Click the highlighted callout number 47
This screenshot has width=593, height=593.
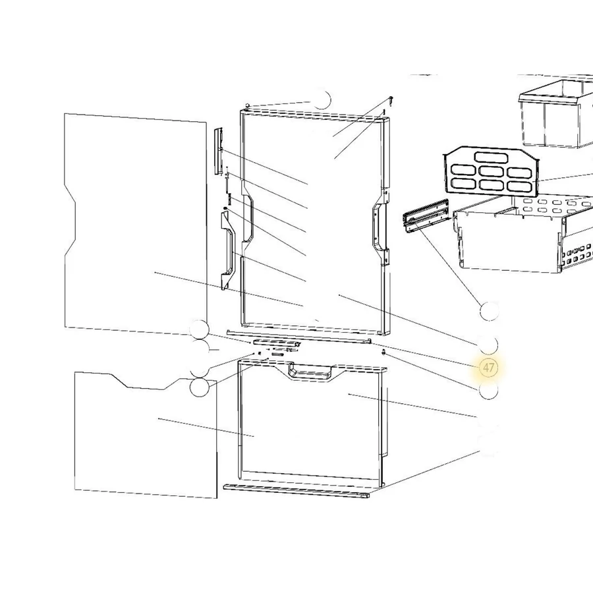488,367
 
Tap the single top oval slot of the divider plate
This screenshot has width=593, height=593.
491,157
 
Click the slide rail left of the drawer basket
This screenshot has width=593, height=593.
426,215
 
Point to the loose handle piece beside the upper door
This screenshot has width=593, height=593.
229,250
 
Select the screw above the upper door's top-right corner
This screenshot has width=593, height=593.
390,101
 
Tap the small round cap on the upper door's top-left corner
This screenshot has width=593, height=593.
247,105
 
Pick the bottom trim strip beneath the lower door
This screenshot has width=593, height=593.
296,491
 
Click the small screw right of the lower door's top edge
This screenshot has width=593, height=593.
384,353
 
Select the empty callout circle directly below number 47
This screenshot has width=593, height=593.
488,390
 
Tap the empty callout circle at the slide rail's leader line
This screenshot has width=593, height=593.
489,312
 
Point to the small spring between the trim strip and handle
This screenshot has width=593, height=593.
229,198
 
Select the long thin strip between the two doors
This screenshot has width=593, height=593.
298,337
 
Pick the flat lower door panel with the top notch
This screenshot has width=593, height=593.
146,435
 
